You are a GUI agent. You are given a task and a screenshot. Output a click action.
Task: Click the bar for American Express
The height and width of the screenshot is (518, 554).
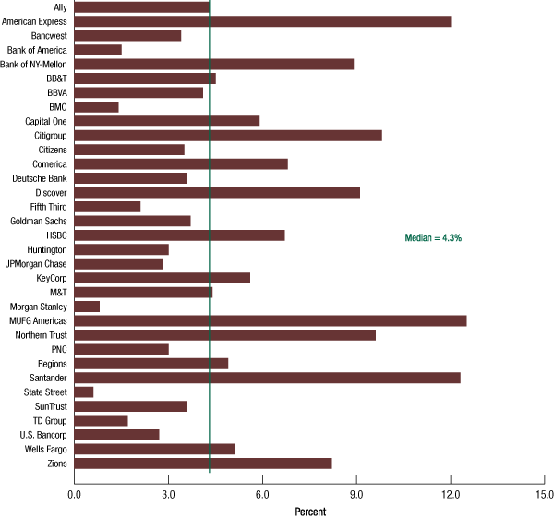coord(262,21)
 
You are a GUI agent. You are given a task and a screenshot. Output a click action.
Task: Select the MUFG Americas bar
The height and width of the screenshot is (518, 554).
coord(270,320)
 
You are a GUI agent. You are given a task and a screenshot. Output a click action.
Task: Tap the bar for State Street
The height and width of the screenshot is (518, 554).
coord(83,392)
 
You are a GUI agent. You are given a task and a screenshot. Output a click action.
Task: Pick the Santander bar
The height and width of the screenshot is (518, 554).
coord(267,378)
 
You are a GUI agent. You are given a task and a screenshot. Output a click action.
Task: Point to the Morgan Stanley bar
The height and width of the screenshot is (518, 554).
coord(87,307)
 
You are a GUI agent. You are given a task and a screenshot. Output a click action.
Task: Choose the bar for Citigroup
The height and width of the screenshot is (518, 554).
coord(227,135)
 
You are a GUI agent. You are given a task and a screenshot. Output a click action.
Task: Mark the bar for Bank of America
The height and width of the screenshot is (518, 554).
coord(97,50)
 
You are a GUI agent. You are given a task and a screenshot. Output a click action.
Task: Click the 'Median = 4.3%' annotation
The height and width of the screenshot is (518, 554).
coord(433,238)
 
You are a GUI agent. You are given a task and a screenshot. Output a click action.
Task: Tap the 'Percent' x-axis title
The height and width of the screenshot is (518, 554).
coord(309,511)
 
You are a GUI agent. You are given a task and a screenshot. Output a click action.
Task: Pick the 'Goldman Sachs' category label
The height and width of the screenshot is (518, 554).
coord(39,221)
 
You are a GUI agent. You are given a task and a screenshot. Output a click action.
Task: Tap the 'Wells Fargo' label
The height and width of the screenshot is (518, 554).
coord(43,449)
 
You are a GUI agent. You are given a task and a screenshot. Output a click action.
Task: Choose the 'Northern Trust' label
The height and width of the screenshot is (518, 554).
coord(41,335)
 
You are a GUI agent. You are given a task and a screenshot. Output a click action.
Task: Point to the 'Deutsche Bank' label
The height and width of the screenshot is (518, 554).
coord(40,178)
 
